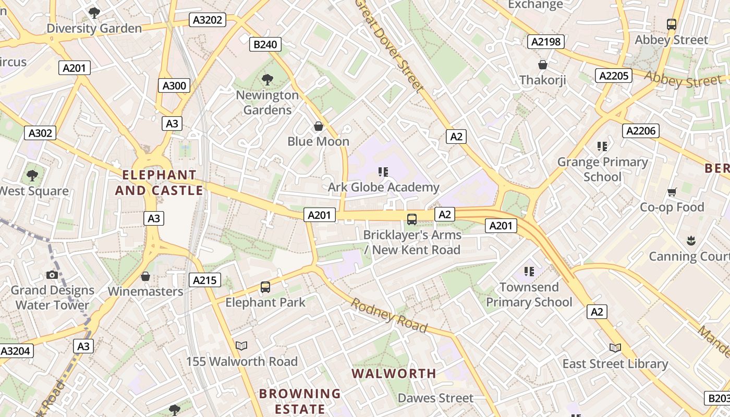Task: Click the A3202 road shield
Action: click(208, 20)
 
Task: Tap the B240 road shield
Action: click(265, 44)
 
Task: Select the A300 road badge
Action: click(174, 86)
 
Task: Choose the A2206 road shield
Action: click(640, 131)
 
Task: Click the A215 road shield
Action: click(204, 280)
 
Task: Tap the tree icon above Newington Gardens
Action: click(267, 80)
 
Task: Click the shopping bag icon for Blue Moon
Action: click(319, 126)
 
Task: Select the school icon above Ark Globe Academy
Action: click(384, 172)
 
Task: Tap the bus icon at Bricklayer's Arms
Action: click(412, 219)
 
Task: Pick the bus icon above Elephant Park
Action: click(265, 287)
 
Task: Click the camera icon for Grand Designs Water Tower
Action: click(52, 275)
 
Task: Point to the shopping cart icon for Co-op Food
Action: click(672, 192)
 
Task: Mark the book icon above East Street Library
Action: click(615, 348)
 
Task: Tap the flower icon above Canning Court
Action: click(691, 240)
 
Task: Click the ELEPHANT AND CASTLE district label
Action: click(159, 183)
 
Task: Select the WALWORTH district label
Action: click(394, 374)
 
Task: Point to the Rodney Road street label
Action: click(389, 315)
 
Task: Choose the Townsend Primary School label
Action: click(529, 295)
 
